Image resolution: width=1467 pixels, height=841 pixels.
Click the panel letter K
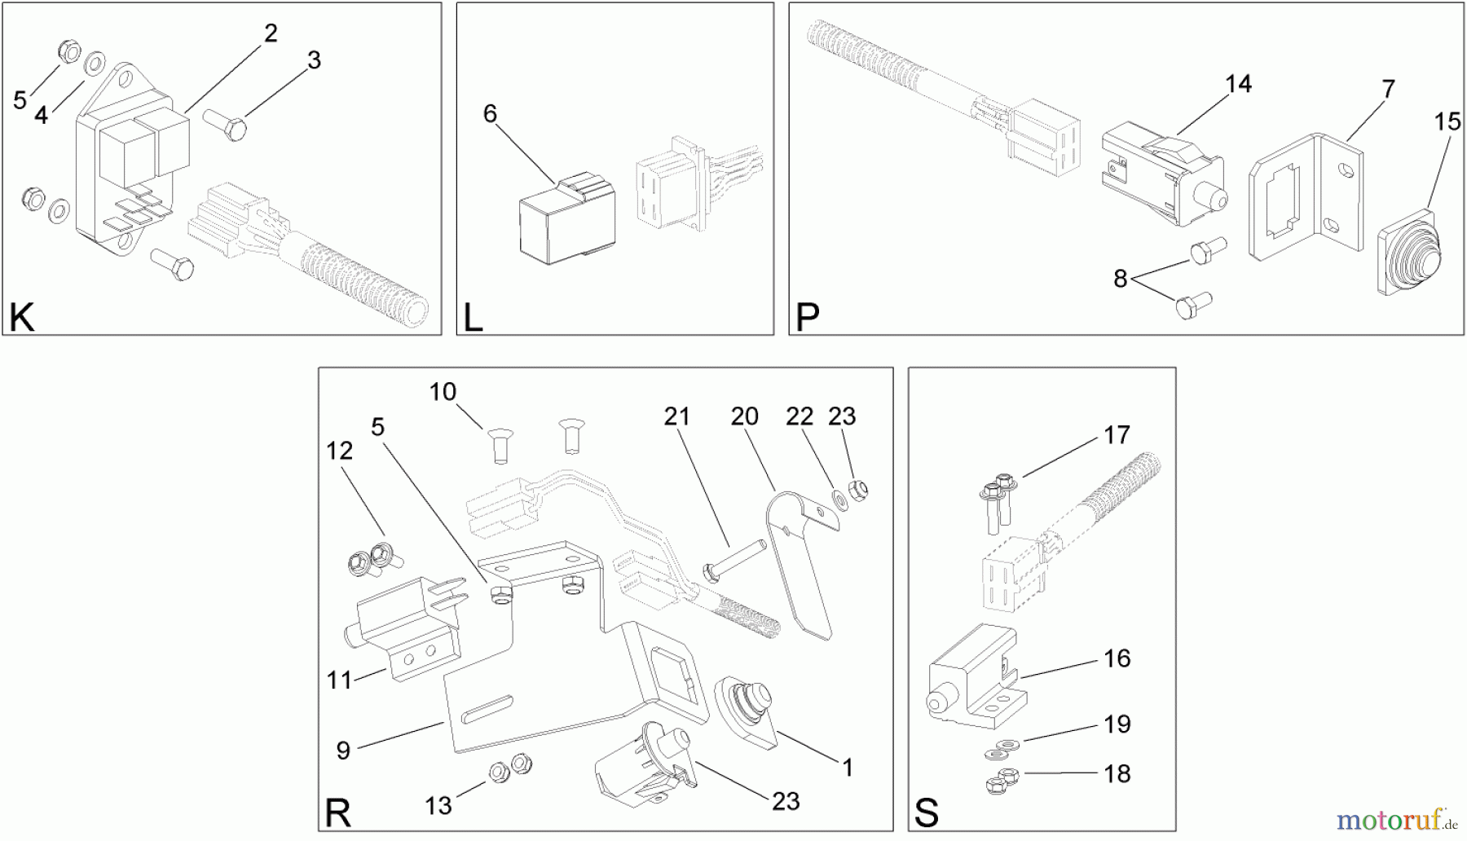pyautogui.click(x=21, y=318)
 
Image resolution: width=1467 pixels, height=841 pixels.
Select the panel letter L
pyautogui.click(x=473, y=318)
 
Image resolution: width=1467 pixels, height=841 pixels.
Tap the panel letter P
pyautogui.click(x=806, y=318)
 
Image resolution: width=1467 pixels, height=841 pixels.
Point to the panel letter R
pyautogui.click(x=337, y=813)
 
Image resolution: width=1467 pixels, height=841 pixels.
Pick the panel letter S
pyautogui.click(x=926, y=813)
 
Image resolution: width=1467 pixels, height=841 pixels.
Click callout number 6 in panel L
pyautogui.click(x=489, y=113)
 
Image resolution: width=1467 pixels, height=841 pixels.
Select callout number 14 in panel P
pyautogui.click(x=1238, y=84)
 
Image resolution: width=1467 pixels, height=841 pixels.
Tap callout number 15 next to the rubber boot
pyautogui.click(x=1447, y=122)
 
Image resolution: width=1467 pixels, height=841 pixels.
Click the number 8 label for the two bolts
pyautogui.click(x=1120, y=279)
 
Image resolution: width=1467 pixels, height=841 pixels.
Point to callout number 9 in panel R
pyautogui.click(x=343, y=751)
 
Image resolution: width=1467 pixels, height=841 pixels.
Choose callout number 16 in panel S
pyautogui.click(x=1117, y=658)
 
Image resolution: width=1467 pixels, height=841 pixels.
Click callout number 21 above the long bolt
pyautogui.click(x=676, y=416)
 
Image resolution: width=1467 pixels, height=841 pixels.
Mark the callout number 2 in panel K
pyautogui.click(x=271, y=33)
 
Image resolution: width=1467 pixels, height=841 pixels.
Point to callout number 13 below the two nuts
pyautogui.click(x=438, y=806)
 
